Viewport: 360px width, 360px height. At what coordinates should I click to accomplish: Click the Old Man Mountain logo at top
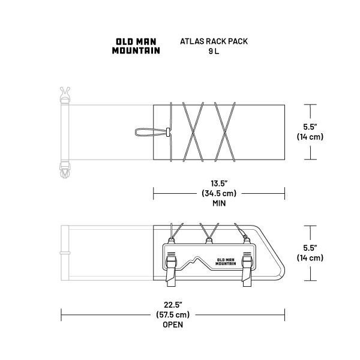pos(136,46)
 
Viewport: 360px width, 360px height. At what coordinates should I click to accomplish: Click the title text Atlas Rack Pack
pos(214,41)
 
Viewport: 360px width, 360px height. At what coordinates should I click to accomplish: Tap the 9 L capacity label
pos(214,51)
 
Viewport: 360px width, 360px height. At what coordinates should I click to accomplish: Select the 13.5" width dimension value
pos(219,184)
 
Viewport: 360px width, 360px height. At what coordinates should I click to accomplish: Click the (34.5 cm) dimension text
pos(219,193)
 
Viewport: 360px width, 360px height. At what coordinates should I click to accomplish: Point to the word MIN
pos(219,203)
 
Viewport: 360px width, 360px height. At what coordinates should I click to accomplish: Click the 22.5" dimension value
pos(173,305)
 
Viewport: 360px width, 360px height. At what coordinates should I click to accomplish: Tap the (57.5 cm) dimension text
pos(173,314)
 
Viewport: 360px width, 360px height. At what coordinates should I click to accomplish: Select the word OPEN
pos(173,325)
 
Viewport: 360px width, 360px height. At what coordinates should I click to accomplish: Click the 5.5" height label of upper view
pos(310,127)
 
